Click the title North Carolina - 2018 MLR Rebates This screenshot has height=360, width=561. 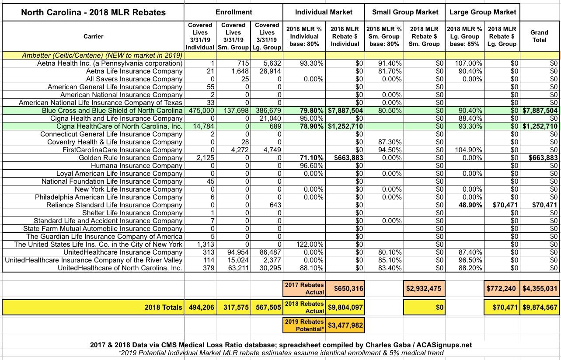pos(94,12)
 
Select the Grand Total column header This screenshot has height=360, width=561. pos(539,36)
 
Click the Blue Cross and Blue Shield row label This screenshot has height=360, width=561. pos(112,111)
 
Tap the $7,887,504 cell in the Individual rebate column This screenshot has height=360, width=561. pos(345,111)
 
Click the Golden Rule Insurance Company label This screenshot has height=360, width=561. pos(130,158)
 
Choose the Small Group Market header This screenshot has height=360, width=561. pos(405,12)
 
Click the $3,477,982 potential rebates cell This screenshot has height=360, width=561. pos(345,325)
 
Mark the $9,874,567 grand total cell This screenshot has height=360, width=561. pos(540,307)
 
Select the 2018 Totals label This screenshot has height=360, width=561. pos(163,307)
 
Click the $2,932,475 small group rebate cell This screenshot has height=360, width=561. pos(424,288)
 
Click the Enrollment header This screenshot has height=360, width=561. pos(234,12)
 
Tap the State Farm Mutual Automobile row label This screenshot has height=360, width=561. pos(103,229)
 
